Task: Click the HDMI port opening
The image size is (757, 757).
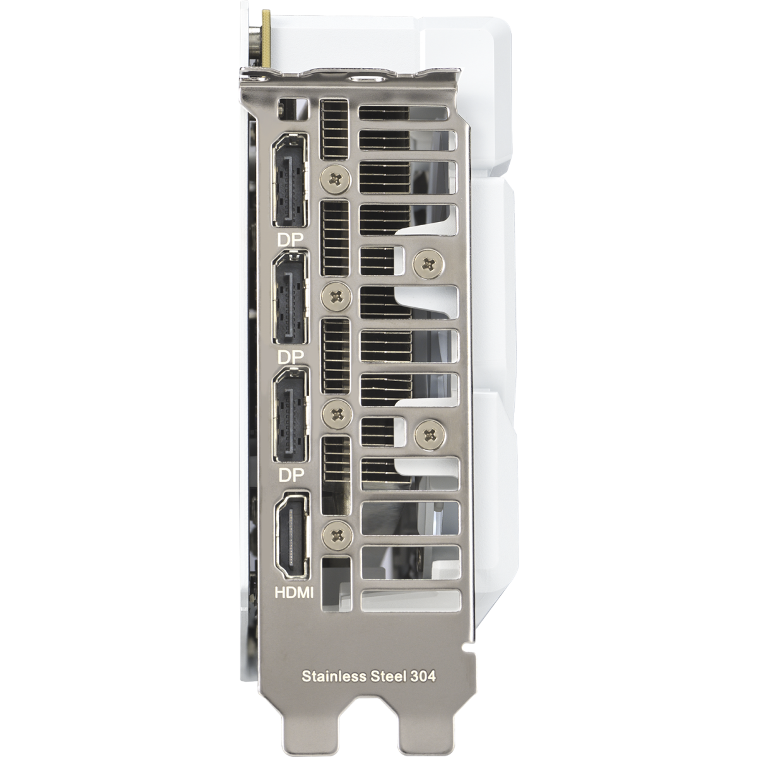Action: [291, 536]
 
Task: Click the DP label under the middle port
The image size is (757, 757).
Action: [291, 357]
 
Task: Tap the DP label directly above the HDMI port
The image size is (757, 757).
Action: [291, 474]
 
